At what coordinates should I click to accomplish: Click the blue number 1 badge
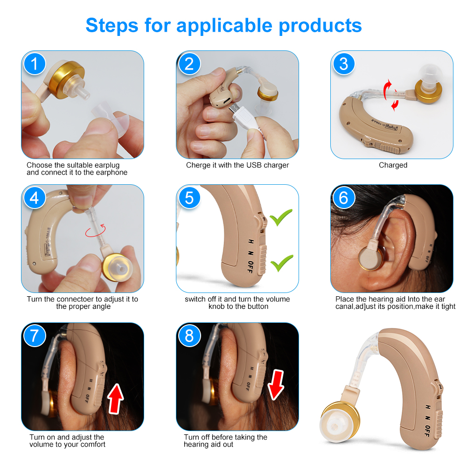coord(35,64)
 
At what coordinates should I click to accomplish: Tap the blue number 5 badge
coord(189,198)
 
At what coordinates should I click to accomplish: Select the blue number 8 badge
coord(189,336)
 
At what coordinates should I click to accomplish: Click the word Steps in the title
coord(112,26)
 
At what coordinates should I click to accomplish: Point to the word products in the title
coord(320,26)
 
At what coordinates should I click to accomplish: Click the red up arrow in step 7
coord(116,398)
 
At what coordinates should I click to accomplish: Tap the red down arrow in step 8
coord(276,385)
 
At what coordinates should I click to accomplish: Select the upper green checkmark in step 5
coord(281,217)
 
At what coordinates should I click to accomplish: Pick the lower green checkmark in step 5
coord(282,263)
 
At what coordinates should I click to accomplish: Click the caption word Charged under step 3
coord(393,165)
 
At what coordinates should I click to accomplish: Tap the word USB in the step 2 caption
coord(254,165)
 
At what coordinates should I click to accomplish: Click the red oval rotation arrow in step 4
coord(95,231)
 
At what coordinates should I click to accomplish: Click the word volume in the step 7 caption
coord(41,445)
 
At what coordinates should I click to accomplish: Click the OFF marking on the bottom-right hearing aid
coord(428,431)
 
